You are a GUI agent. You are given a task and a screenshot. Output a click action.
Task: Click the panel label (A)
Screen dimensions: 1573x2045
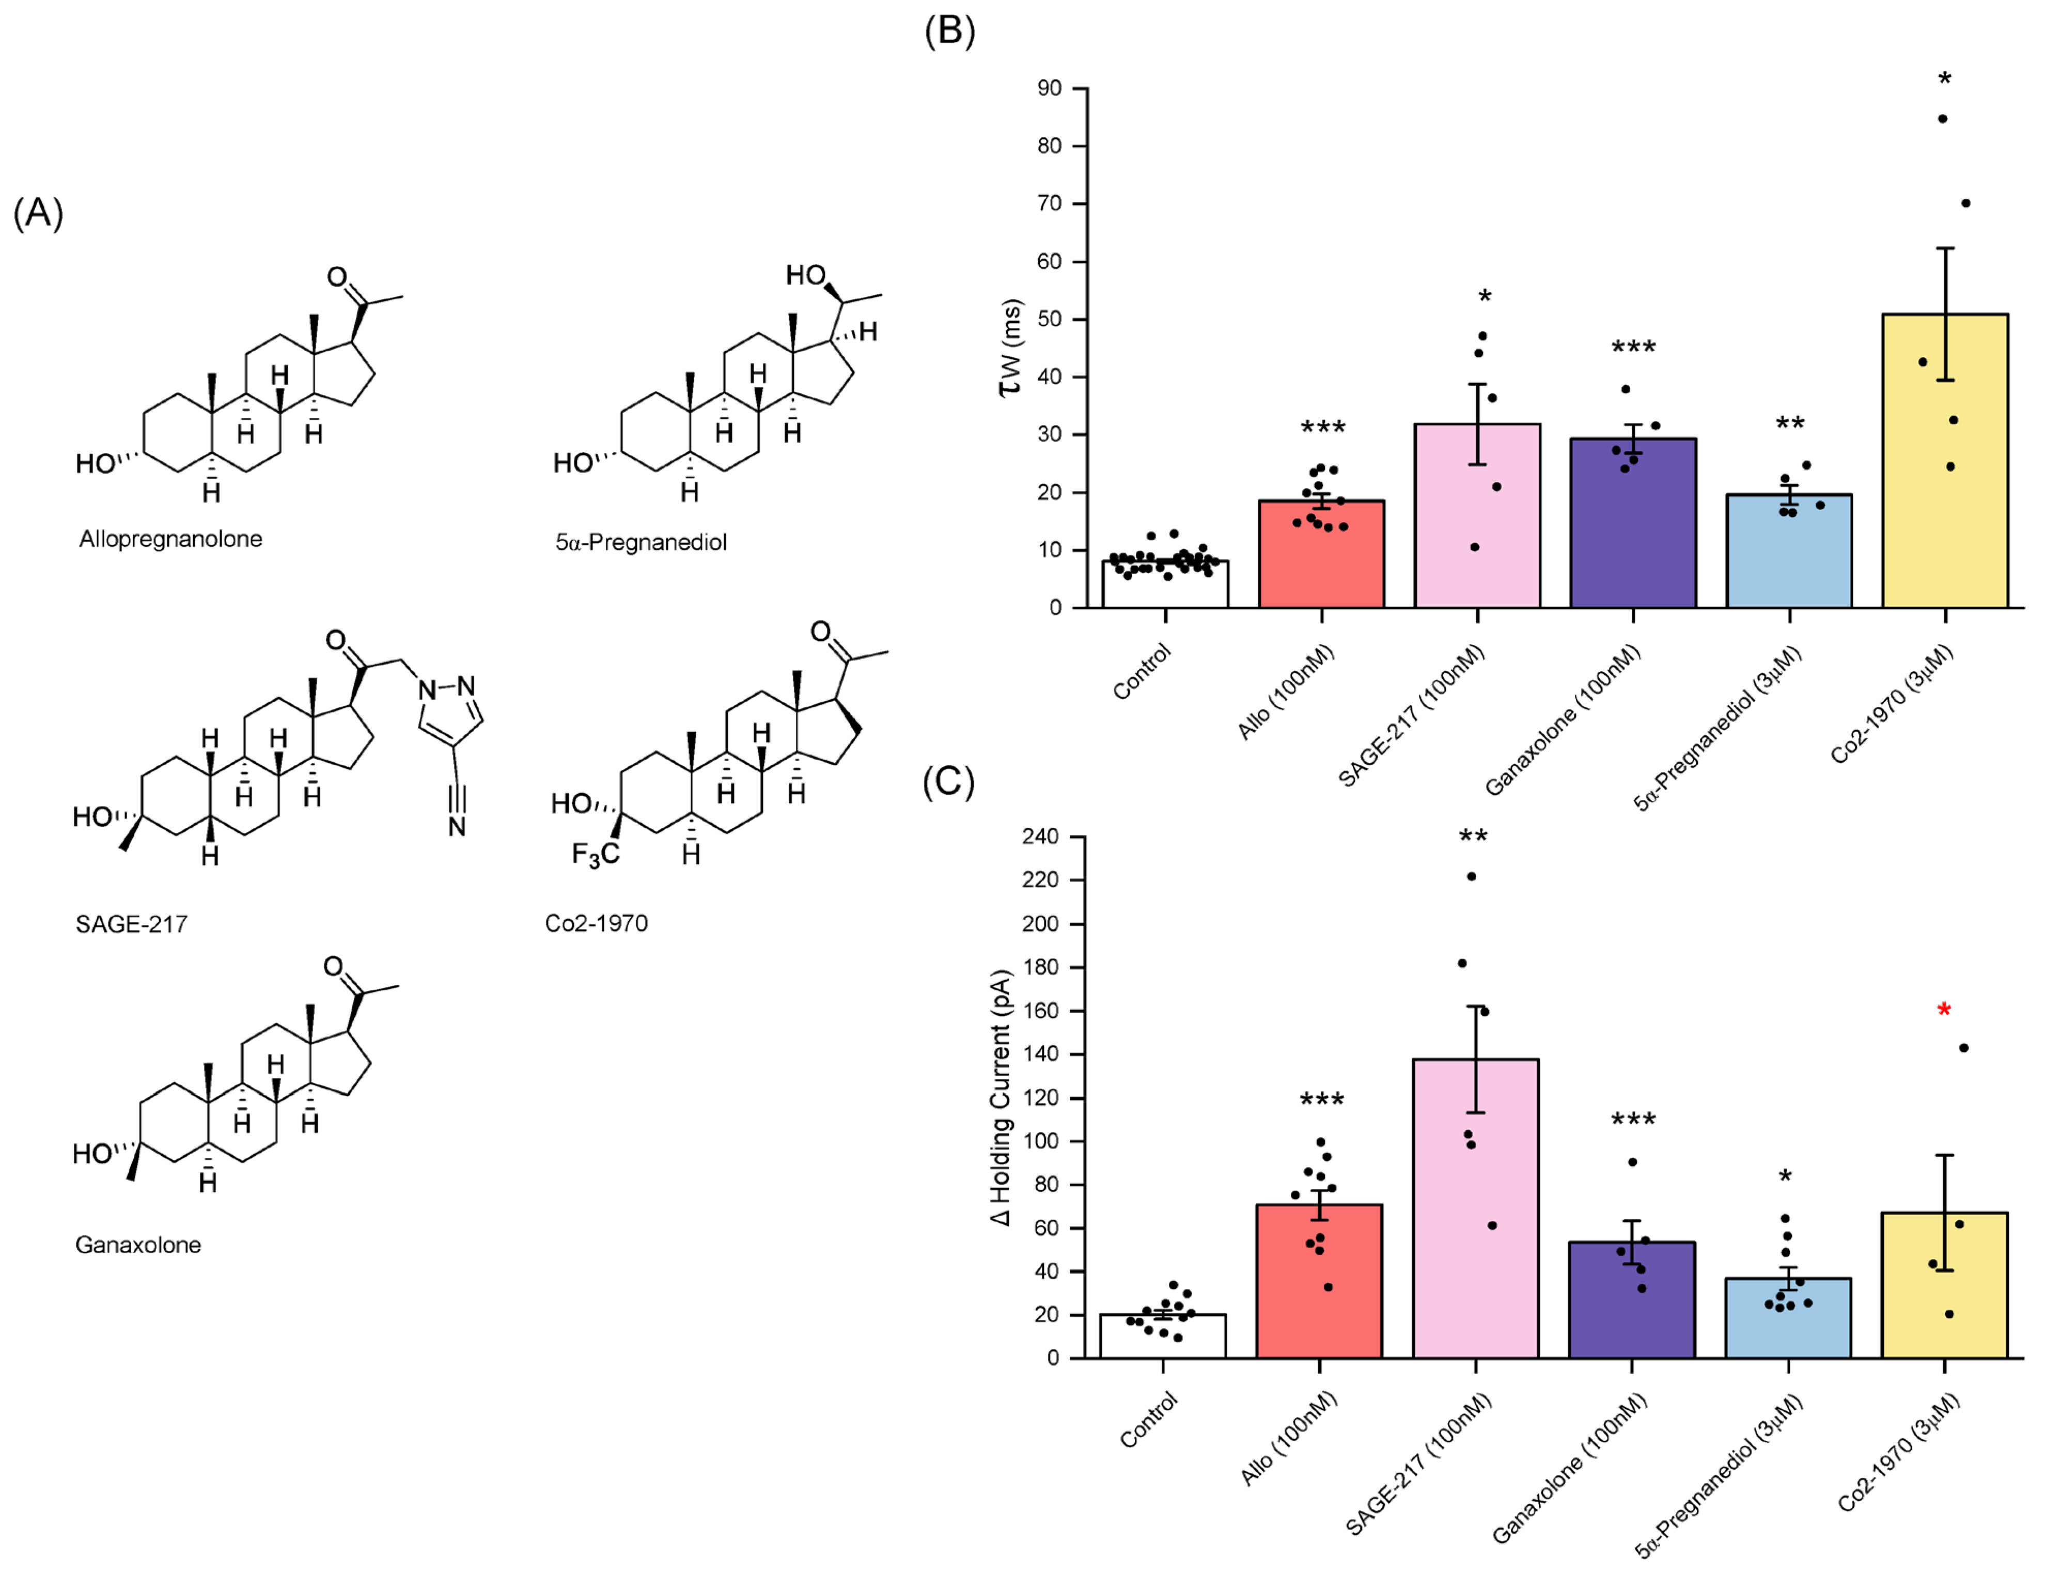tap(38, 213)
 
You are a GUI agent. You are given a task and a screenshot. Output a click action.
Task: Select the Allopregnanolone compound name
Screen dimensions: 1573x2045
tap(170, 539)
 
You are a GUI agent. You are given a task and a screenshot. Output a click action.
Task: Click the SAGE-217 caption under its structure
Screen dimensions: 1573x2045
tap(131, 925)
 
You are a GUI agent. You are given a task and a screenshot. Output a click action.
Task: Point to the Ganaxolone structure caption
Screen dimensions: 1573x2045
tap(137, 1245)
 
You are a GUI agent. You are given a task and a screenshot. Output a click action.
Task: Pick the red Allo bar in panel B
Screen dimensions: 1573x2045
tap(1321, 562)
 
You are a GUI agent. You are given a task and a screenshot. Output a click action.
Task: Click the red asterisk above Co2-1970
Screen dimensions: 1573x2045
tap(1944, 1010)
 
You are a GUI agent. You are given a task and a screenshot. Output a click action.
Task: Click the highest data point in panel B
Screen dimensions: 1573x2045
tap(1943, 119)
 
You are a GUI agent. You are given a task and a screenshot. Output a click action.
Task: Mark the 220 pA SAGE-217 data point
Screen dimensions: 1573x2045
tap(1471, 876)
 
